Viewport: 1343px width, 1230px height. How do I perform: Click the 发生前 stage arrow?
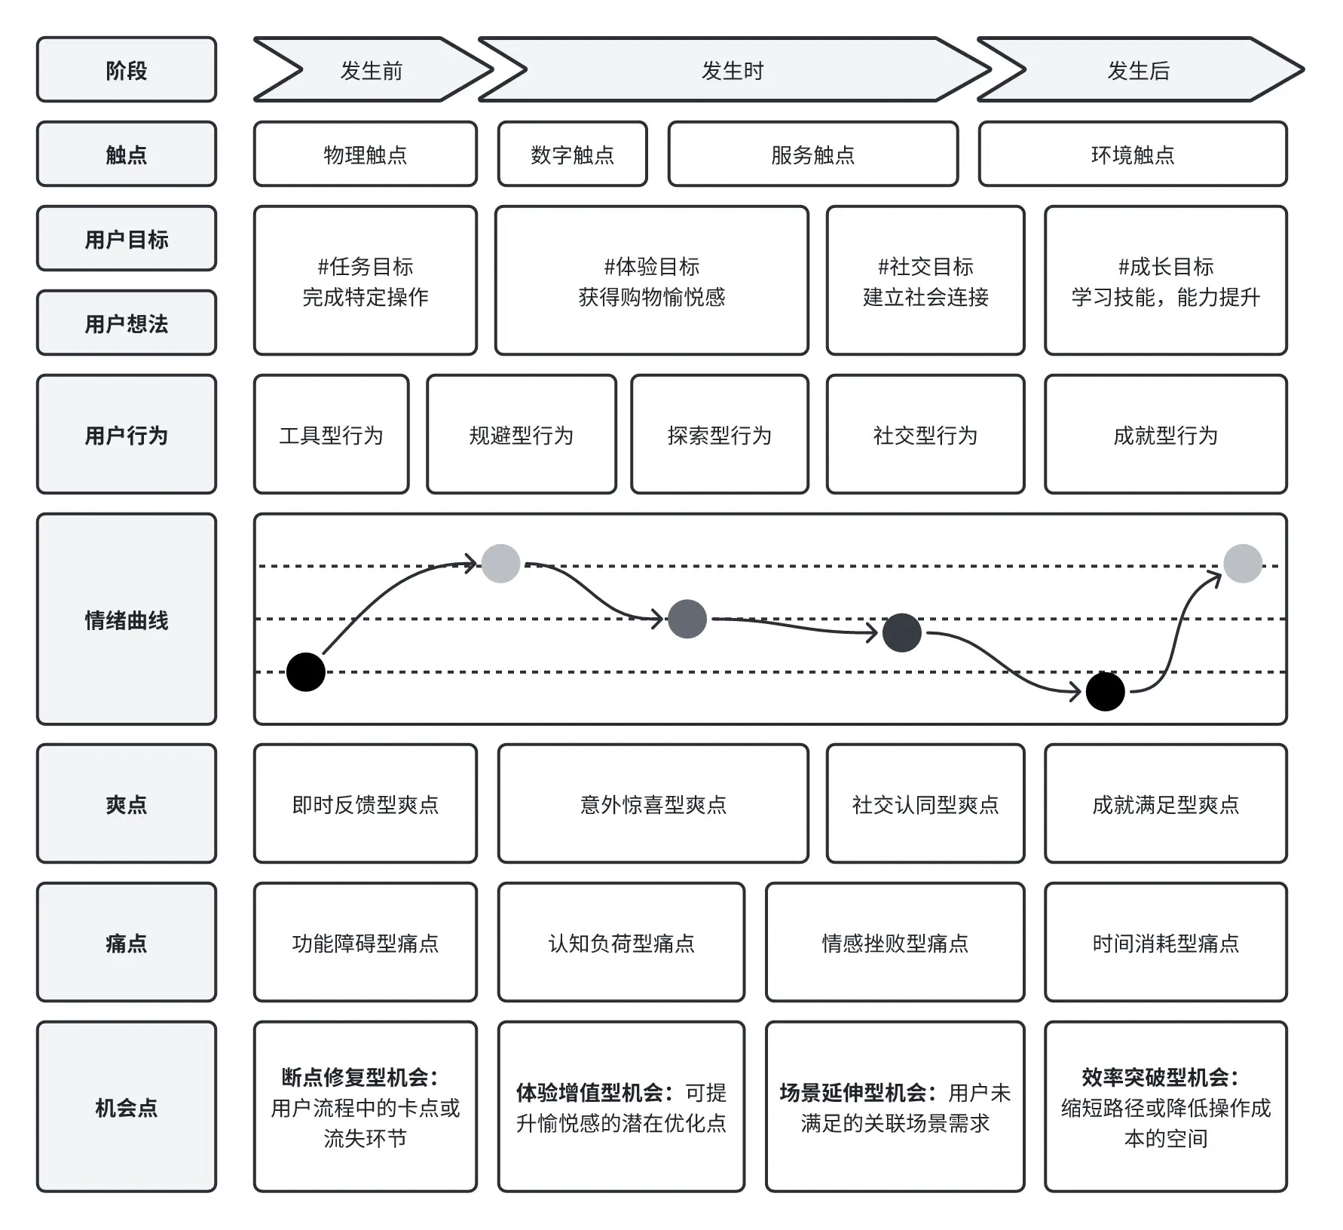click(x=372, y=69)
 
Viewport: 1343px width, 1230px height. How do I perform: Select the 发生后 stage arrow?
click(x=1140, y=69)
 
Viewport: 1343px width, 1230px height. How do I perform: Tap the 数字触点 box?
click(x=573, y=154)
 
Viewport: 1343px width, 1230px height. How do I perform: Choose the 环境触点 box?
click(x=1133, y=154)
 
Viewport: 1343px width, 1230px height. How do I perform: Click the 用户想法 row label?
click(x=127, y=323)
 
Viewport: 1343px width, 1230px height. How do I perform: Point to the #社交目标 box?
click(x=925, y=280)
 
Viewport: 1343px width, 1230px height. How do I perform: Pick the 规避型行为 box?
click(x=522, y=434)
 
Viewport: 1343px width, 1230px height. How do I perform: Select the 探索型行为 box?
click(x=720, y=434)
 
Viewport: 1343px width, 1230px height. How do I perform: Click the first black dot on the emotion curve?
click(x=306, y=672)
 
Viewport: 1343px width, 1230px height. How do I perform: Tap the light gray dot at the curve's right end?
click(x=1243, y=563)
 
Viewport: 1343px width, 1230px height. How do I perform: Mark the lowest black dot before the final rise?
click(x=1106, y=691)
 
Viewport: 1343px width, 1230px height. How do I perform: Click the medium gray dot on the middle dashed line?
click(x=687, y=619)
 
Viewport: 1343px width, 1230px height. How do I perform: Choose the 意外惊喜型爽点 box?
click(x=653, y=803)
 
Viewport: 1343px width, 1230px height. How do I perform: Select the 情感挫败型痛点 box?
click(x=895, y=942)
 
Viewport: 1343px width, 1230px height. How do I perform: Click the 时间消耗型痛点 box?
click(x=1166, y=942)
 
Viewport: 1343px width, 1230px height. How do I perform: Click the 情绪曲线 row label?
click(x=127, y=619)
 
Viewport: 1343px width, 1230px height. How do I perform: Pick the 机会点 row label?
click(x=127, y=1106)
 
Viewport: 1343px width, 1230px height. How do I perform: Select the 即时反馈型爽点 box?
click(x=366, y=803)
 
